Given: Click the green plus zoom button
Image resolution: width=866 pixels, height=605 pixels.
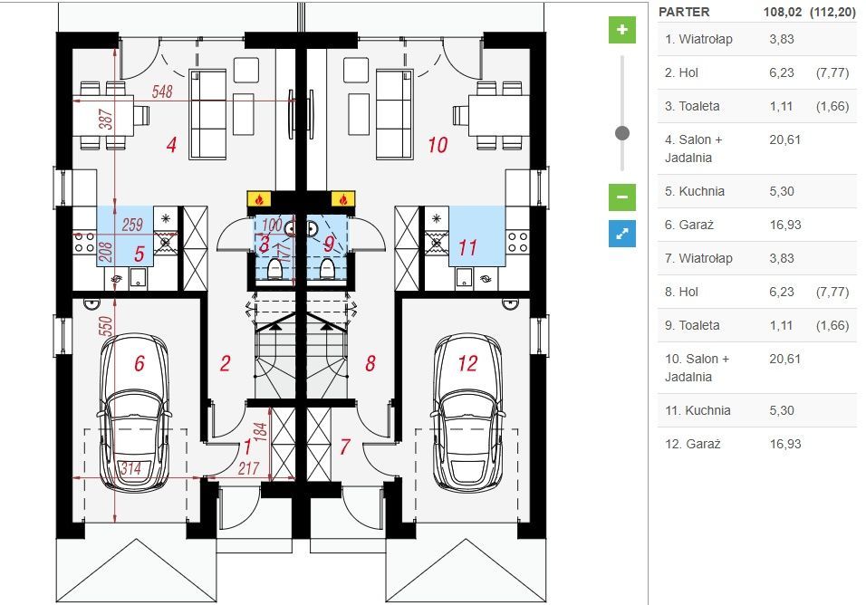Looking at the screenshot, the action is tap(622, 30).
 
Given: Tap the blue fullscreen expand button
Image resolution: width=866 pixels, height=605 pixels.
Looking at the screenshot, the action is tap(622, 234).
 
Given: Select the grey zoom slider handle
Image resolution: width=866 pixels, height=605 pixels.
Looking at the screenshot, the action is tap(622, 133).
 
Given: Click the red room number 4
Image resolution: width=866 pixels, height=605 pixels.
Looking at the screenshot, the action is tap(171, 145).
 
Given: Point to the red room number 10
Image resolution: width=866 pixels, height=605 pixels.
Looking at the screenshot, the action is tap(438, 145).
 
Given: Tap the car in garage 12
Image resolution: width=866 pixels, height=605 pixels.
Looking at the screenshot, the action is tap(467, 412).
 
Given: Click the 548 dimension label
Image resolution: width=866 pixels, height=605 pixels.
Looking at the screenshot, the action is tap(162, 91).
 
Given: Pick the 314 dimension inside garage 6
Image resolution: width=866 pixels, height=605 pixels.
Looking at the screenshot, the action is tap(130, 468).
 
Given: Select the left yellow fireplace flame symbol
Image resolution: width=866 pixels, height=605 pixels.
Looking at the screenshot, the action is tap(259, 198).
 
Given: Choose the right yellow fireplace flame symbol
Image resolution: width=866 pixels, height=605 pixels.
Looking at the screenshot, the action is tap(343, 198).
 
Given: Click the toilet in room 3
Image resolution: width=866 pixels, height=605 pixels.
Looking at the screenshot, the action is tap(274, 269).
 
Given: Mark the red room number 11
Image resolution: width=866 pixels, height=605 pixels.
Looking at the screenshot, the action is tap(467, 248).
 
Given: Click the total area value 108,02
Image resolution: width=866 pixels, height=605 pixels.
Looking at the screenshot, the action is tap(782, 12).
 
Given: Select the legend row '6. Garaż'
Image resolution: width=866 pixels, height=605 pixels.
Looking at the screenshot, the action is tap(757, 225).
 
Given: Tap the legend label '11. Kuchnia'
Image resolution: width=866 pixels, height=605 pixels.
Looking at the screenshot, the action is tap(698, 410).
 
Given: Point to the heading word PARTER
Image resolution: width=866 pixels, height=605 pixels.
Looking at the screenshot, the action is tap(684, 12).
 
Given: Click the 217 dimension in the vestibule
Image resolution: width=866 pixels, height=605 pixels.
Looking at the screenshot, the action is tap(248, 468).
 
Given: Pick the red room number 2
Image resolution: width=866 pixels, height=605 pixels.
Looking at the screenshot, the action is tap(225, 363).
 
